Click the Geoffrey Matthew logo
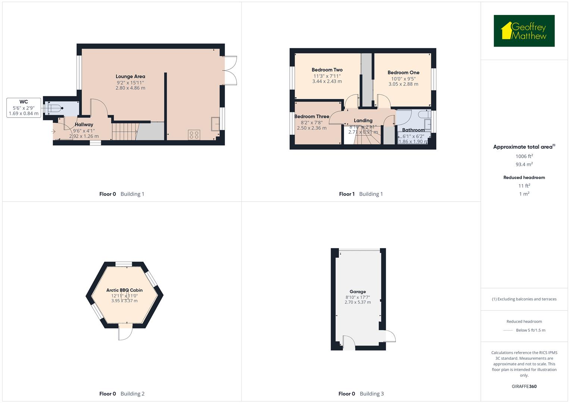click(524, 31)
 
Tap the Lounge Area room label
click(130, 76)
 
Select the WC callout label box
click(24, 107)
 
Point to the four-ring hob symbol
click(194, 135)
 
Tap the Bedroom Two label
click(327, 70)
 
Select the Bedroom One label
click(403, 73)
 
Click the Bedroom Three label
click(312, 116)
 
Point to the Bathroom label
click(413, 130)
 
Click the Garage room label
click(358, 292)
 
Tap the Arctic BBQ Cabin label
click(124, 290)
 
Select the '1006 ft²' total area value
click(524, 156)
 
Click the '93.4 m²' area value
click(524, 165)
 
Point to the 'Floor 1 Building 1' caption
click(361, 194)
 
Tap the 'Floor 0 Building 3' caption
click(361, 394)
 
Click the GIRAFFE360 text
click(524, 386)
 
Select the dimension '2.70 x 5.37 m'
click(358, 302)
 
